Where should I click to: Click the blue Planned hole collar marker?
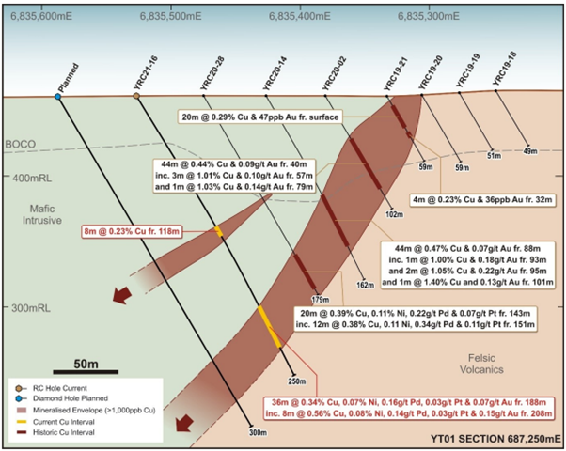pyautogui.click(x=57, y=97)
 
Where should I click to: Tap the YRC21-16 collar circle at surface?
pyautogui.click(x=136, y=96)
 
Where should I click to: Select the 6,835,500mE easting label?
pyautogui.click(x=171, y=16)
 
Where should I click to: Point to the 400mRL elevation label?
pyautogui.click(x=32, y=178)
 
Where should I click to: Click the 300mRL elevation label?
pyautogui.click(x=31, y=308)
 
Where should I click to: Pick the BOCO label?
pyautogui.click(x=21, y=145)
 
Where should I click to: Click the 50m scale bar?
pyautogui.click(x=86, y=372)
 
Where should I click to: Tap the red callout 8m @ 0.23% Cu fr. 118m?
pyautogui.click(x=132, y=231)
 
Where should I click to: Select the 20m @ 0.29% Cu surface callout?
pyautogui.click(x=259, y=117)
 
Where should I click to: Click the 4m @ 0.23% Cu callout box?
pyautogui.click(x=482, y=199)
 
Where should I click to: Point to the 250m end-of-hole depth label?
pyautogui.click(x=297, y=381)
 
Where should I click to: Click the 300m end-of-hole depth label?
pyautogui.click(x=258, y=432)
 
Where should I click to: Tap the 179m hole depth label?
pyautogui.click(x=321, y=300)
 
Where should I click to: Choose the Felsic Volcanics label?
pyautogui.click(x=481, y=364)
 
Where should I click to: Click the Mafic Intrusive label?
pyautogui.click(x=42, y=214)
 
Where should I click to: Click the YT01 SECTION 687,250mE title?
pyautogui.click(x=495, y=439)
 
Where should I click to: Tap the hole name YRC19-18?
pyautogui.click(x=505, y=69)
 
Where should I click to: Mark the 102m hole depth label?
pyautogui.click(x=394, y=214)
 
